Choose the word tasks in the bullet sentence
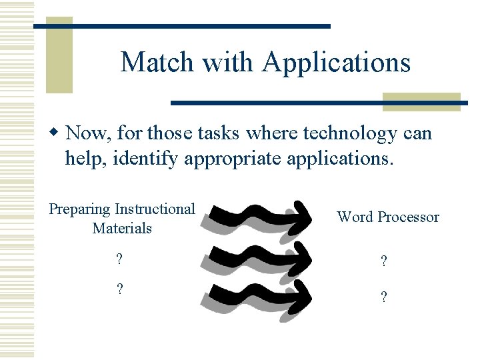[221, 133]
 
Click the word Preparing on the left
[80, 209]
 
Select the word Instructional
[155, 209]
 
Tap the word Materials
[122, 228]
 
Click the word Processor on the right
[408, 217]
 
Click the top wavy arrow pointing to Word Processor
[260, 217]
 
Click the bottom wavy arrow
[260, 294]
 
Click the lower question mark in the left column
[120, 290]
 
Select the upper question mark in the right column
[383, 263]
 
